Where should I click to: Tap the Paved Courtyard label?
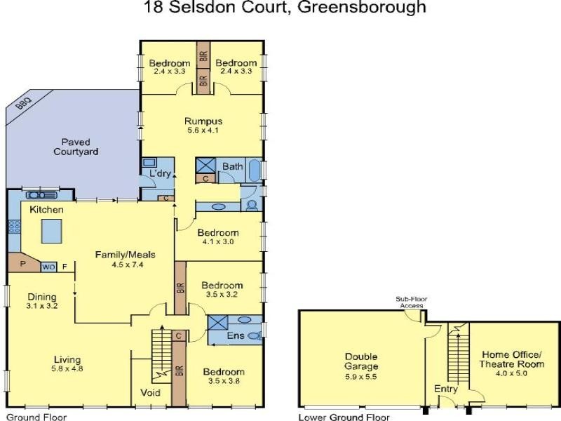click(x=79, y=147)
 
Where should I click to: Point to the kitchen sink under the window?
click(x=41, y=195)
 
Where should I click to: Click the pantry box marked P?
click(x=23, y=265)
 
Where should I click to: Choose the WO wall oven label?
click(x=48, y=267)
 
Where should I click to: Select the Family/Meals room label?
click(x=125, y=254)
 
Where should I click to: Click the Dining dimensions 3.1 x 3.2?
click(x=41, y=306)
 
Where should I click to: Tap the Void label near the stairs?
click(x=151, y=392)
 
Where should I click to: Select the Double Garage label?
click(x=361, y=361)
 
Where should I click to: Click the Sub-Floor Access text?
click(x=413, y=302)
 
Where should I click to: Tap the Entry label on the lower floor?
click(x=446, y=389)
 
